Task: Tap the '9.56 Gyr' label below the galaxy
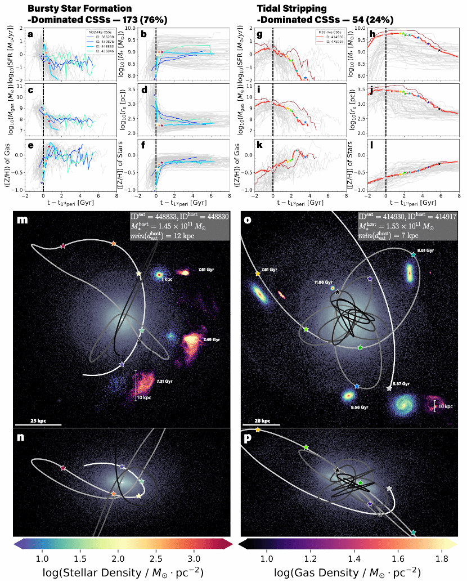(x=345, y=407)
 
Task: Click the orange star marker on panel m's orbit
(x=114, y=244)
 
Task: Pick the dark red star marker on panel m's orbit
(x=63, y=246)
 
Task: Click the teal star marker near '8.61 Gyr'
(x=414, y=255)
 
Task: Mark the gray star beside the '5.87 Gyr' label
(x=389, y=388)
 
